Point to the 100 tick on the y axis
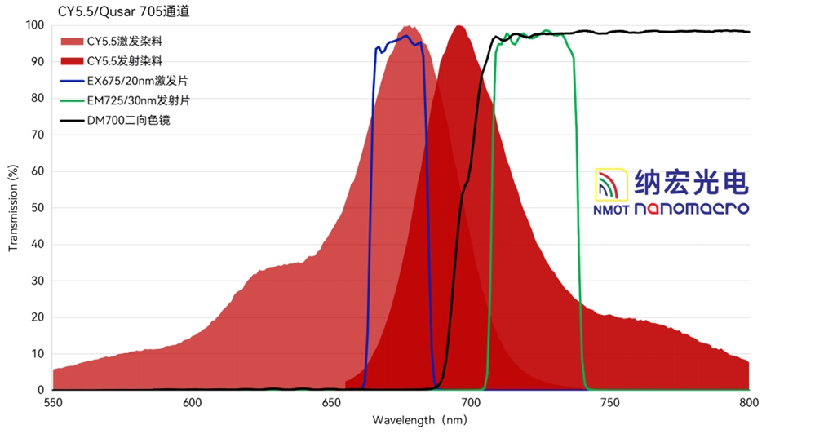[x=35, y=25]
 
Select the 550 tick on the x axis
[x=53, y=402]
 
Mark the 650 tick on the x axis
[x=331, y=402]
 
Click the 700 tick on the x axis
[x=471, y=402]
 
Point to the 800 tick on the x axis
[x=749, y=402]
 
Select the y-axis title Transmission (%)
[x=12, y=208]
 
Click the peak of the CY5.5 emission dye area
[x=459, y=27]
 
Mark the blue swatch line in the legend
[x=71, y=81]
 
